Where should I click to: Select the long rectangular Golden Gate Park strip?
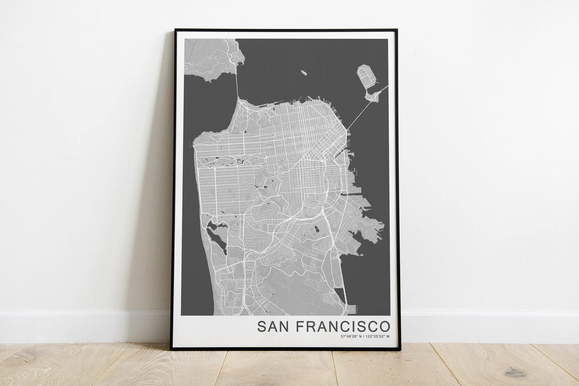point(228,161)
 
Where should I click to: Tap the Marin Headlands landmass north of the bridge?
point(212,56)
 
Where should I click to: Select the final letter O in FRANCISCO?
point(385,326)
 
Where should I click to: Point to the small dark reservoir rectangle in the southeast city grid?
point(316,229)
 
